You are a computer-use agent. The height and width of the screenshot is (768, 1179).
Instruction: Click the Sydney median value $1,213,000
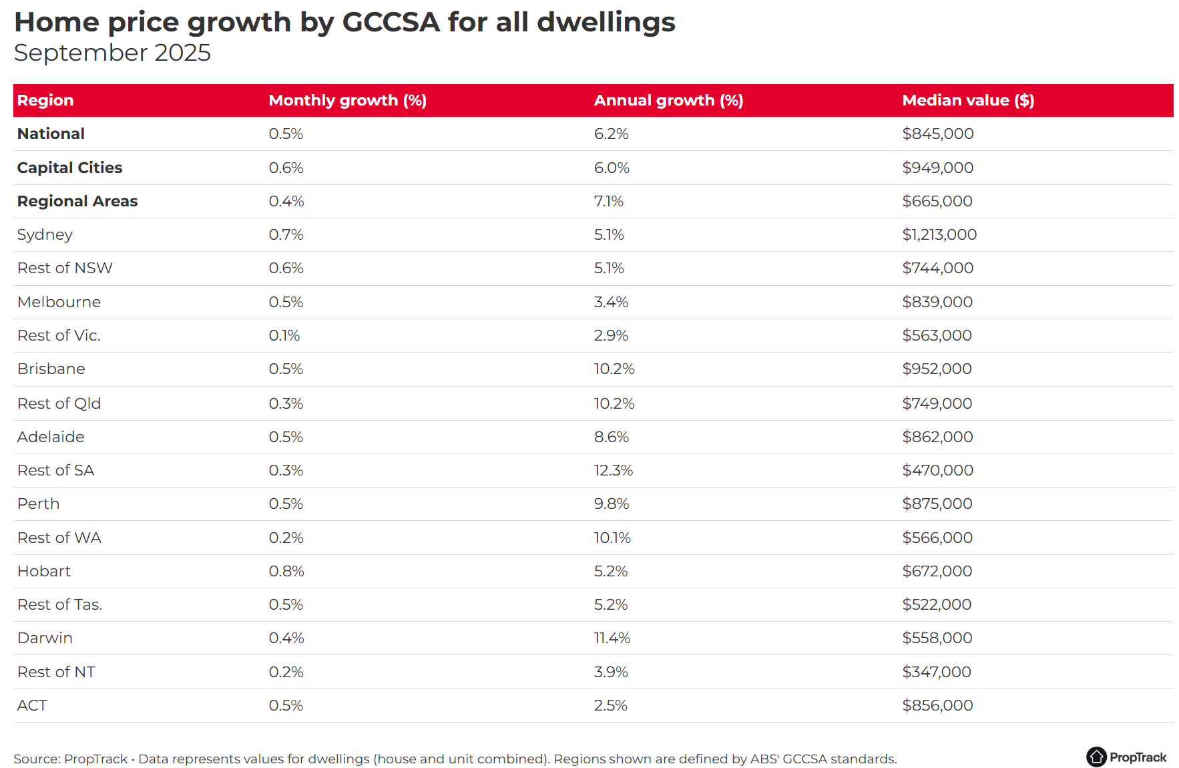pos(939,234)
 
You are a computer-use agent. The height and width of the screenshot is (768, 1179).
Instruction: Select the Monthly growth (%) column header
pos(347,100)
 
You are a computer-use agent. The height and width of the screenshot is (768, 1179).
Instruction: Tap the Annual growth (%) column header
pos(668,100)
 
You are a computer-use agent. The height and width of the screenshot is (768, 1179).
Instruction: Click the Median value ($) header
pos(967,100)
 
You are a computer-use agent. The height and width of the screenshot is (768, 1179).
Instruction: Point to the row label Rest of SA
pos(56,470)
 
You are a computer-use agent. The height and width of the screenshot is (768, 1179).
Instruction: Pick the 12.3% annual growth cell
pos(613,470)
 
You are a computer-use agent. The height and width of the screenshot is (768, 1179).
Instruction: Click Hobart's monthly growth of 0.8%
pos(286,571)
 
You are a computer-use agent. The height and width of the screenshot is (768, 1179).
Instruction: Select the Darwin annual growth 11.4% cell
pos(612,638)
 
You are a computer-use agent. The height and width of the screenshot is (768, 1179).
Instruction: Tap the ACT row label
pos(32,705)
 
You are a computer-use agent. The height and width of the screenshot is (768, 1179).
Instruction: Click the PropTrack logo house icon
pos(1096,757)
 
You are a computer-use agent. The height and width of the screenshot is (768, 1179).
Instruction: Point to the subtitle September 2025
pos(112,53)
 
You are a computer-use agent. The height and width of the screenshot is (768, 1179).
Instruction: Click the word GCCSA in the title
pos(391,22)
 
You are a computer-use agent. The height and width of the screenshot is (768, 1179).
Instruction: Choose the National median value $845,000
pos(937,134)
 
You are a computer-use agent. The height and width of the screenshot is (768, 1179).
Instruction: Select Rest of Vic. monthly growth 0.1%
pos(284,335)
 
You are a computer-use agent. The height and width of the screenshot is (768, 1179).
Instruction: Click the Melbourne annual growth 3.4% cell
pos(611,302)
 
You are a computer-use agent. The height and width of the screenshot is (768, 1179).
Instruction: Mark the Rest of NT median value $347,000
pos(936,672)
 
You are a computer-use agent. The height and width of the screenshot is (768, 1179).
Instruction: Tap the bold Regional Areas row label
pos(77,201)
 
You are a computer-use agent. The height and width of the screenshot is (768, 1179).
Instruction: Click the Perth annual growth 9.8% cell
pos(612,504)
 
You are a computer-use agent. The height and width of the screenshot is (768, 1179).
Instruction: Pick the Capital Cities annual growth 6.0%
pos(612,168)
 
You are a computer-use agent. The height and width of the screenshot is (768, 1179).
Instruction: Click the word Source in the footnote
pos(36,759)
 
